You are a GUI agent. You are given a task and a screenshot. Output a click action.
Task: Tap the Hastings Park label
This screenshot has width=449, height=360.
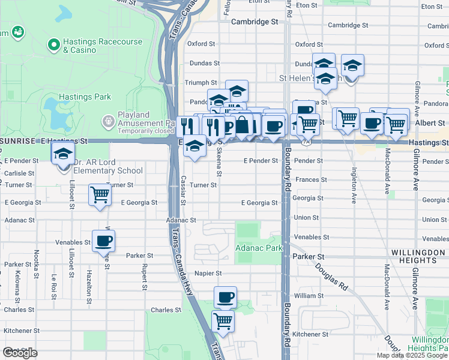[x=85, y=97]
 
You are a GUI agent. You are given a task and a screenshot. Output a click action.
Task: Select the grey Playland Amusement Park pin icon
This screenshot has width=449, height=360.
[x=108, y=122]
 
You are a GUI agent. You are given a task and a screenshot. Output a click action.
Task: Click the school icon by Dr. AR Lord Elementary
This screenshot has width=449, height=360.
[x=63, y=155]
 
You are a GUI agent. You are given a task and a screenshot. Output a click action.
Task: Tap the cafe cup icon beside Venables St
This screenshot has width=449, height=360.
[x=103, y=241]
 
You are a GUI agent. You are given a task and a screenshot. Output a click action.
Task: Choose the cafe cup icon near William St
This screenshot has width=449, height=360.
[x=225, y=296]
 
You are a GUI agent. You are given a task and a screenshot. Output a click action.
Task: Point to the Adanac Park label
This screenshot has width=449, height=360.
[x=259, y=247]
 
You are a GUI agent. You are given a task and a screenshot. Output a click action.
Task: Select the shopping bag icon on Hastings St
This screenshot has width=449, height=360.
[x=243, y=125]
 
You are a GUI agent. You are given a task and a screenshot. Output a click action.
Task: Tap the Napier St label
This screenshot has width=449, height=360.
[x=208, y=273]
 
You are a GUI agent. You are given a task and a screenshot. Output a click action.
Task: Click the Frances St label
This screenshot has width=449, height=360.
[x=310, y=179]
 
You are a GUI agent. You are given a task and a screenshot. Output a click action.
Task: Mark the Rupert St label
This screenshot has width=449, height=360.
[x=144, y=277]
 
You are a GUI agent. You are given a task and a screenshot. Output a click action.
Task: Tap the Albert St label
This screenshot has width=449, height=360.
[x=431, y=122]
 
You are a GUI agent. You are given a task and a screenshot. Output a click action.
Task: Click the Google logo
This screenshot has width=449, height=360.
[x=20, y=353]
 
